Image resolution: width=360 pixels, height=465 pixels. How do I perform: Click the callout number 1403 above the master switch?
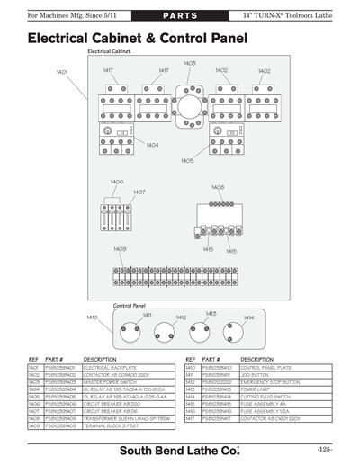[189, 64]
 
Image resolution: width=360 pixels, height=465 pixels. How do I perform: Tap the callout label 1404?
[152, 145]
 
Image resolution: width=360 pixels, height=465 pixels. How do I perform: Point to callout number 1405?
[186, 160]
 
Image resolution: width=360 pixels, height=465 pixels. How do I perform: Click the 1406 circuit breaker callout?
[117, 182]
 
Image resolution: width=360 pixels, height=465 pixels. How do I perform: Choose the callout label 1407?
[139, 192]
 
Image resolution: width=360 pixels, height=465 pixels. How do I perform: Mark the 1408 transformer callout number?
[218, 187]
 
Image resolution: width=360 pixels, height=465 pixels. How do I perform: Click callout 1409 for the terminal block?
[120, 249]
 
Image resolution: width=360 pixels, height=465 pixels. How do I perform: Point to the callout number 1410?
[92, 317]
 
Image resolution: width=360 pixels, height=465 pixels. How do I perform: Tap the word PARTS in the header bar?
[180, 17]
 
